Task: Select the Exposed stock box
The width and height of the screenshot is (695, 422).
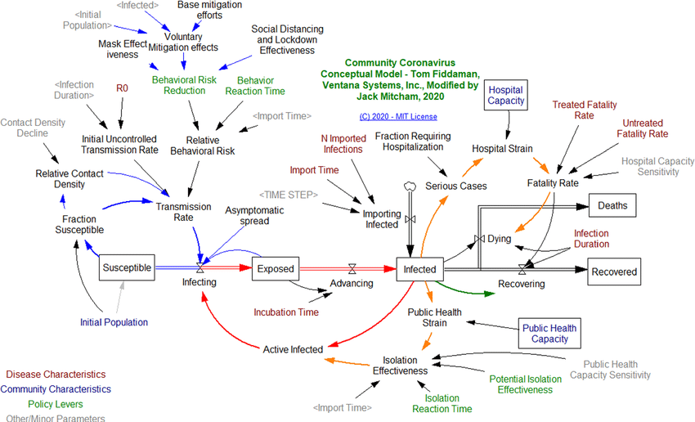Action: coord(274,267)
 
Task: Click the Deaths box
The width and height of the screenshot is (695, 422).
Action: coord(612,206)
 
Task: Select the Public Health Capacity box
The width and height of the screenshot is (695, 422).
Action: coord(549,334)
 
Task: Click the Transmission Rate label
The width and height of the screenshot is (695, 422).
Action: coord(183,213)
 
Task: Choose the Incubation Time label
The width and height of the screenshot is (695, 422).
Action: coord(285,312)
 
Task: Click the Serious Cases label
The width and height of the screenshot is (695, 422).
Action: coord(455,186)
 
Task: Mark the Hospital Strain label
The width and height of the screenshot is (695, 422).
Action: coord(502,149)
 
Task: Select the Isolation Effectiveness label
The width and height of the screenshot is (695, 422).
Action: coord(400,365)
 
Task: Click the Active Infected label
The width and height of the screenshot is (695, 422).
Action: coord(293,349)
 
